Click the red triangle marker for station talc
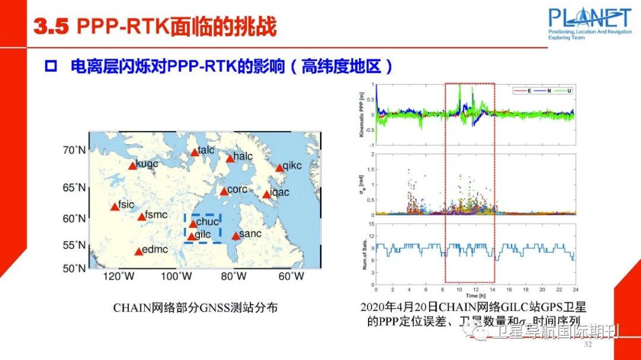pos(195,152)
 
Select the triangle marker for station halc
pos(230,158)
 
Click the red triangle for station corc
pos(224,192)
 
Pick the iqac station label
pos(280,192)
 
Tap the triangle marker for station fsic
pos(115,207)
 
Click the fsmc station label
pos(156,215)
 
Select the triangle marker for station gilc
pos(191,237)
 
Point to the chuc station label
pos(208,222)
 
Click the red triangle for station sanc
pos(236,236)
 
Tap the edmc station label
pos(156,250)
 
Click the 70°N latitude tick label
pos(75,150)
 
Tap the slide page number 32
pos(588,345)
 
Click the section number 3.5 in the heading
pos(52,26)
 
